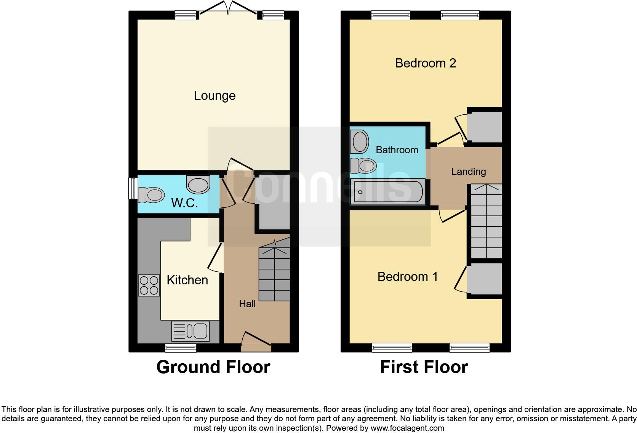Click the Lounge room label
point(214,96)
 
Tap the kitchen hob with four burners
point(149,285)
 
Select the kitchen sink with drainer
point(190,331)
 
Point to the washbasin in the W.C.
point(198,184)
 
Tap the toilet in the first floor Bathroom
point(363,166)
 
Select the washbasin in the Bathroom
point(360,141)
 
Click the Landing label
point(468,172)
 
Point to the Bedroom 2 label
point(425,63)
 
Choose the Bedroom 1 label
point(407,276)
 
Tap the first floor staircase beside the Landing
point(486,221)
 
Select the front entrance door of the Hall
point(256,342)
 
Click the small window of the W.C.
point(133,188)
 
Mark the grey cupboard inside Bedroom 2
point(484,127)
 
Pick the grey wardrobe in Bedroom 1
point(484,279)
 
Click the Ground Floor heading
point(213,367)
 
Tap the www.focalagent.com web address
point(407,428)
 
